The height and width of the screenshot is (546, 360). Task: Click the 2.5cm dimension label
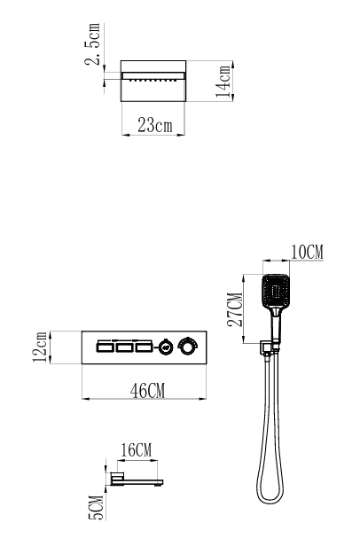pos(92,44)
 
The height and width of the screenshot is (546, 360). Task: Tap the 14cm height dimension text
pos(223,81)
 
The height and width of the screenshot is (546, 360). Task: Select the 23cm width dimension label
pos(155,125)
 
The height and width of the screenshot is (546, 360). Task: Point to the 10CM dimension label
pos(307,252)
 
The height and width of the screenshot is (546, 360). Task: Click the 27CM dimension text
pos(235,309)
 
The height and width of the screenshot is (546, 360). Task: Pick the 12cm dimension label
pos(40,347)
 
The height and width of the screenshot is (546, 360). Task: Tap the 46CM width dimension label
pos(147,390)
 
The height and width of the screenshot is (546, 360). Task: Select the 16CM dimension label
pos(137,449)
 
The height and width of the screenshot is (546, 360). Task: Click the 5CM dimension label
pos(97,508)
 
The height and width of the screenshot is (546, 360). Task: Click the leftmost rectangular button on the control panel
pos(106,347)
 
